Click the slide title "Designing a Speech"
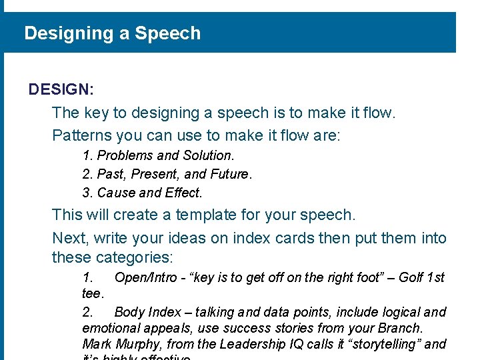pyautogui.click(x=112, y=33)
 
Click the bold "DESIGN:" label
pyautogui.click(x=61, y=89)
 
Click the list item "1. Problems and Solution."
pyautogui.click(x=158, y=155)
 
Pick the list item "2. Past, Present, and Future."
pyautogui.click(x=167, y=175)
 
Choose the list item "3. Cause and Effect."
pyautogui.click(x=142, y=193)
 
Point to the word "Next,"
pyautogui.click(x=70, y=238)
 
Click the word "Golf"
pyautogui.click(x=411, y=277)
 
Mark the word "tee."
pyautogui.click(x=93, y=294)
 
